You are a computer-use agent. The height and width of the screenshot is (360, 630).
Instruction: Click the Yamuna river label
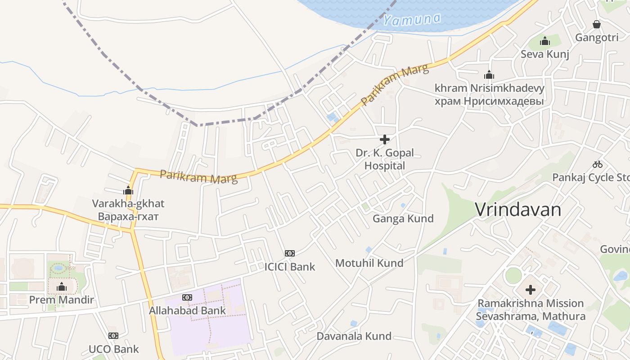412,19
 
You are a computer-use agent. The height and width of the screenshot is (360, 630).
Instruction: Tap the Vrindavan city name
518,210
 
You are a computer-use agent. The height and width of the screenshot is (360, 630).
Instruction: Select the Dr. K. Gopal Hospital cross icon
385,139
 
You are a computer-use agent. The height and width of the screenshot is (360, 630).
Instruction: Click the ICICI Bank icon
290,253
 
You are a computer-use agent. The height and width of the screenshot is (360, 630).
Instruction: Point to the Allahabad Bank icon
187,297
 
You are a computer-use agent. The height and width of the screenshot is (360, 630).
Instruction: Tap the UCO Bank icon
113,336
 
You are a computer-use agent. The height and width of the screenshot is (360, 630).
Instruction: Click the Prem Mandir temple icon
62,287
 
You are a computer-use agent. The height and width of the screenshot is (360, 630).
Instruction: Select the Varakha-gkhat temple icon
128,190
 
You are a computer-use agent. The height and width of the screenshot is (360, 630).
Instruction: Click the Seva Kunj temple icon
545,41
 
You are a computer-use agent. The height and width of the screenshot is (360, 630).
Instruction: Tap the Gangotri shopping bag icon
597,24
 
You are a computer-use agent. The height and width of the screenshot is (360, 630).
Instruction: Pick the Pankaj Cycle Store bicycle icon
598,164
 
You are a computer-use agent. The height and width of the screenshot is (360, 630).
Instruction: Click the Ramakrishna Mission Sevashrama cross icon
531,290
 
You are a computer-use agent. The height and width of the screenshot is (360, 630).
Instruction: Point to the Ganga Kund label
403,219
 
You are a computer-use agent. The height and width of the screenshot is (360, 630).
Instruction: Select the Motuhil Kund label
369,263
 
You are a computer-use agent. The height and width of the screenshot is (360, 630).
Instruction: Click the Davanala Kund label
354,336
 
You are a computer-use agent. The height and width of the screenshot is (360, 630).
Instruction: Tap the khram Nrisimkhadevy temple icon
489,75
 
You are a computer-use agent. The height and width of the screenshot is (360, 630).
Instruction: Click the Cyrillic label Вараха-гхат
128,216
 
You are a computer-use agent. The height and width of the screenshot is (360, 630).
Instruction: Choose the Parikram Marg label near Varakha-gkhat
198,176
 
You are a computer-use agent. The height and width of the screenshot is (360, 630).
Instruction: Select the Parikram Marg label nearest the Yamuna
395,85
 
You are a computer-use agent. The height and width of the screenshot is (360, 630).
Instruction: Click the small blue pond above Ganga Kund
403,206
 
